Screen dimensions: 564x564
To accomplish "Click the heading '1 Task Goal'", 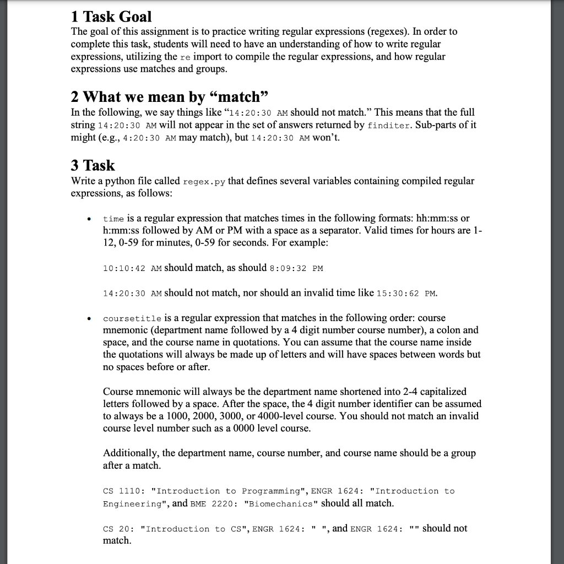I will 112,17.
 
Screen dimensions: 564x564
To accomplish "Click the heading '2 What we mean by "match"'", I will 170,97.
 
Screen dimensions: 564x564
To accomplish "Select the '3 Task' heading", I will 93,165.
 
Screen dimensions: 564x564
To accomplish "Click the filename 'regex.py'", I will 204,182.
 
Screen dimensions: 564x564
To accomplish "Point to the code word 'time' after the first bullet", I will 113,219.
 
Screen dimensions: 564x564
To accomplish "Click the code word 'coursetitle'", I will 132,319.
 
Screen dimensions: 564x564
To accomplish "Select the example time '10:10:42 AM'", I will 132,268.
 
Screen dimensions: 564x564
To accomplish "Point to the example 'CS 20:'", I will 119,529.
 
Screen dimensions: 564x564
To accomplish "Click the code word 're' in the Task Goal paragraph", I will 185,57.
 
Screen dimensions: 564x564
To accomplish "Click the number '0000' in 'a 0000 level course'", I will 258,428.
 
